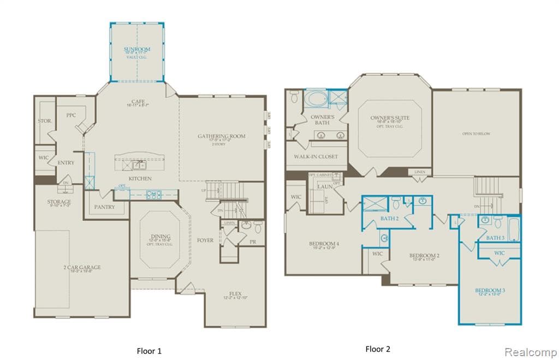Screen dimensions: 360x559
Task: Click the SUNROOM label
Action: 136,49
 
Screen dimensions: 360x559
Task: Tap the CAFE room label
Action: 137,101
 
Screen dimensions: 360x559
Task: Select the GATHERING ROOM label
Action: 222,136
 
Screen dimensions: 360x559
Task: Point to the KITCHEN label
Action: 140,179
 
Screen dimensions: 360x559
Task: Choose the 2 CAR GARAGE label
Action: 81,267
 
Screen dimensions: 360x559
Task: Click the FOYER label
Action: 205,240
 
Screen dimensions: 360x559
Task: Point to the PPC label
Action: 71,115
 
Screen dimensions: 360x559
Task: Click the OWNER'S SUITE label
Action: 390,118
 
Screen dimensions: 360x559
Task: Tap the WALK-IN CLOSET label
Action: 316,157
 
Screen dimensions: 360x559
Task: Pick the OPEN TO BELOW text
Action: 476,134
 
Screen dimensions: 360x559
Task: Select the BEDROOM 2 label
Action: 425,255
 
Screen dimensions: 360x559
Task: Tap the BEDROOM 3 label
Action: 489,290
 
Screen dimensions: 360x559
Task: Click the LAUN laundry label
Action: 325,187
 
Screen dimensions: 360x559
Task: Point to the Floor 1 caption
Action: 148,351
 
